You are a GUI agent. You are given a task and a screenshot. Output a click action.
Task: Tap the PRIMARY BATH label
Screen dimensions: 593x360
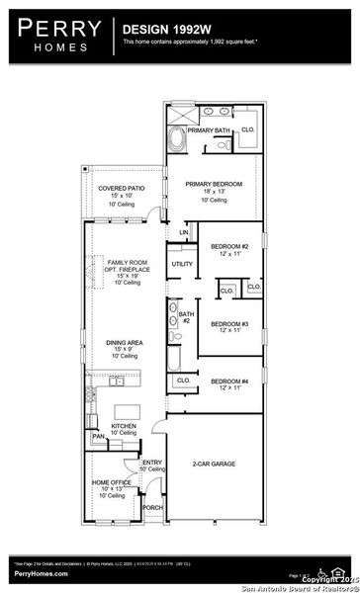[x=208, y=129]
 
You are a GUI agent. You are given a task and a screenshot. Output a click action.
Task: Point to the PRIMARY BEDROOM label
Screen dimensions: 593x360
[x=214, y=184]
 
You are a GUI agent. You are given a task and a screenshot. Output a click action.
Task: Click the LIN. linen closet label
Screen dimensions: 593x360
[x=183, y=232]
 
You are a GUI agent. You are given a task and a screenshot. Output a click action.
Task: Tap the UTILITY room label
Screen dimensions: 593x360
[x=182, y=264]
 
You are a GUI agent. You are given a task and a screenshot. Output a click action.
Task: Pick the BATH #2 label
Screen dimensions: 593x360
[x=185, y=317]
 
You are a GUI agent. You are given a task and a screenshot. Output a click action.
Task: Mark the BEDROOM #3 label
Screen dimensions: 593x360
[x=229, y=323]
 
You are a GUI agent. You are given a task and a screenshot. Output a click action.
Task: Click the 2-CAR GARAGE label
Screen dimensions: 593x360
[x=214, y=463]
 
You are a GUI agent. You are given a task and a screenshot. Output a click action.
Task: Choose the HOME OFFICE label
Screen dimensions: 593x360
[x=110, y=482]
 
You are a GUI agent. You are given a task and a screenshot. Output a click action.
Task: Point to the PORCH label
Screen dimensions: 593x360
[x=152, y=507]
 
